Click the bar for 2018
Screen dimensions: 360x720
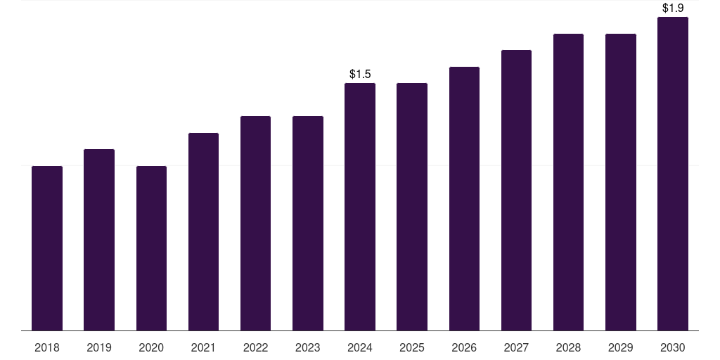point(47,248)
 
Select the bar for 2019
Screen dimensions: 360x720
point(99,240)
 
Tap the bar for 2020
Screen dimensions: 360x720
point(151,248)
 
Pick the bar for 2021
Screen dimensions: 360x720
point(203,231)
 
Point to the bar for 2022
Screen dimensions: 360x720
point(255,223)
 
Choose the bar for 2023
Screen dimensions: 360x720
point(308,223)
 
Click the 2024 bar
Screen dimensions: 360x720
point(360,207)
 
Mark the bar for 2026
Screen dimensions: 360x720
point(464,198)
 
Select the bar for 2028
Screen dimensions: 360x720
point(568,182)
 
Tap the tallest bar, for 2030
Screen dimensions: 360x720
point(673,174)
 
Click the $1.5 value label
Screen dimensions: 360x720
point(360,74)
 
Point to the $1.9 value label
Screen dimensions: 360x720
point(673,8)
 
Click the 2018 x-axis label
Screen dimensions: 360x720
point(47,347)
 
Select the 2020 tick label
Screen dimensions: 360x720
point(151,347)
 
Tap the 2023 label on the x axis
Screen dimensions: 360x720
point(308,347)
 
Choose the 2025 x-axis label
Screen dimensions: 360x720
point(412,347)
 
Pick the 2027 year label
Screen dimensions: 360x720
point(516,347)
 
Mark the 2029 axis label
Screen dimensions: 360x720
point(621,347)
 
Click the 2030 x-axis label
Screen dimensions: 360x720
point(673,347)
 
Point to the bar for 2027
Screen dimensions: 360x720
point(516,190)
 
